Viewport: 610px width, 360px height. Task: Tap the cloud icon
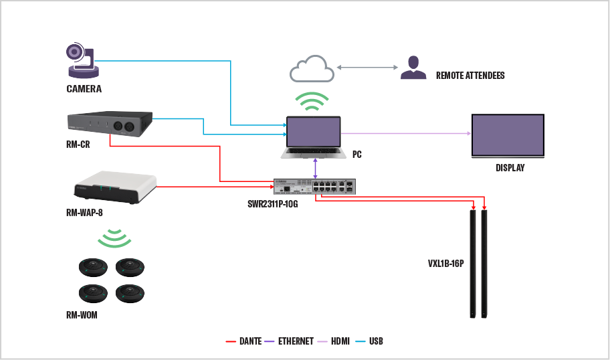click(312, 70)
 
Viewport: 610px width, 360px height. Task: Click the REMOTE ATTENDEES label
click(470, 76)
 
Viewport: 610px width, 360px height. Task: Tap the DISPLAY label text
click(510, 168)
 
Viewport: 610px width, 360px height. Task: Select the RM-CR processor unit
click(111, 125)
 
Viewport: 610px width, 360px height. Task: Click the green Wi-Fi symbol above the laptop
click(313, 102)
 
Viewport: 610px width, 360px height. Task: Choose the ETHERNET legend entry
click(296, 341)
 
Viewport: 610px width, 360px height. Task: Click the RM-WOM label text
click(82, 315)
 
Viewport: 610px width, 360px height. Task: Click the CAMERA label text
click(84, 89)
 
